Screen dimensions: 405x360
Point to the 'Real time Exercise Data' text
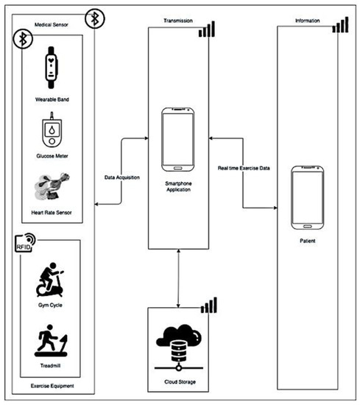coord(242,169)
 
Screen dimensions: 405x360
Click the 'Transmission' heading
coord(179,21)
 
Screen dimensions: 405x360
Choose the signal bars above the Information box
coord(340,25)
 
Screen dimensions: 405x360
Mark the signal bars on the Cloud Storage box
coord(210,305)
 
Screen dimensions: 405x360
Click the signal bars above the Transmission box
coord(208,29)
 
